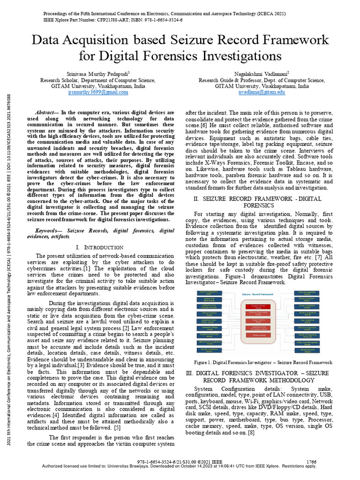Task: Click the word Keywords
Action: [49, 231]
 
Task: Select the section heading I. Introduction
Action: [99, 247]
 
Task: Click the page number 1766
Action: [311, 462]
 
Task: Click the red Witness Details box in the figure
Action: [259, 335]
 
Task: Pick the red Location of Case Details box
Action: [259, 306]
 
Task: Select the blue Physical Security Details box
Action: [307, 350]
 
